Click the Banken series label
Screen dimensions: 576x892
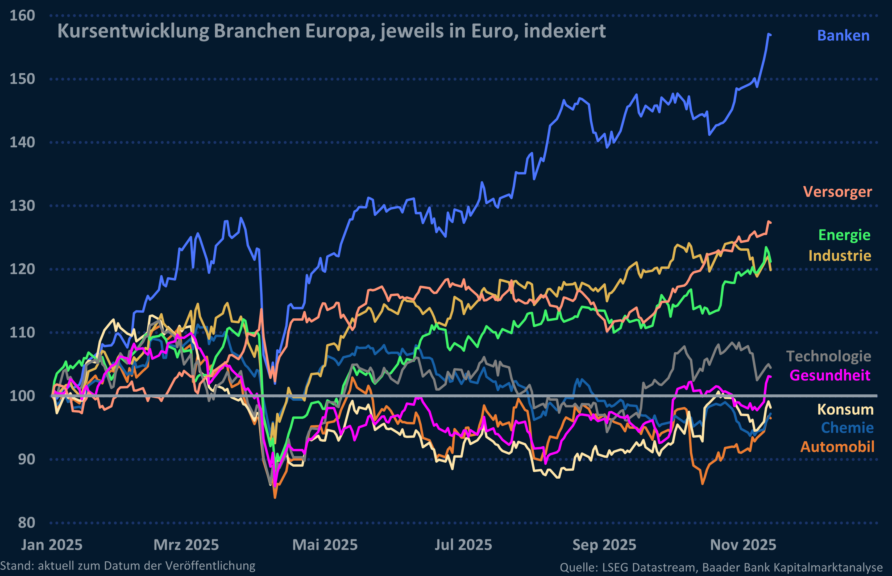click(x=843, y=36)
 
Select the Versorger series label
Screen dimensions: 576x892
click(x=837, y=192)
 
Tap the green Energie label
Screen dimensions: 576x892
click(x=844, y=235)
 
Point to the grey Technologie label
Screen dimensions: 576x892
click(x=828, y=356)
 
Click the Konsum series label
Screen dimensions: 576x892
click(x=845, y=410)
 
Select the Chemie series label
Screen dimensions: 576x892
click(x=847, y=428)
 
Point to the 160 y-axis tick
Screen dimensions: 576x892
click(x=22, y=16)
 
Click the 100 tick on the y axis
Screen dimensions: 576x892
click(x=22, y=396)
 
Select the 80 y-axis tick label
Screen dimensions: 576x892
click(x=26, y=523)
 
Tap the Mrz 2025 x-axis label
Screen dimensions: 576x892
click(x=186, y=545)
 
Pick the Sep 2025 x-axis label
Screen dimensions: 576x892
click(x=604, y=545)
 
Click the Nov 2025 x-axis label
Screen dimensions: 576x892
click(x=743, y=545)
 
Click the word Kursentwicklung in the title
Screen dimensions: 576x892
click(x=133, y=31)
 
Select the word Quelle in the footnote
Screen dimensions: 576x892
click(x=578, y=567)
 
